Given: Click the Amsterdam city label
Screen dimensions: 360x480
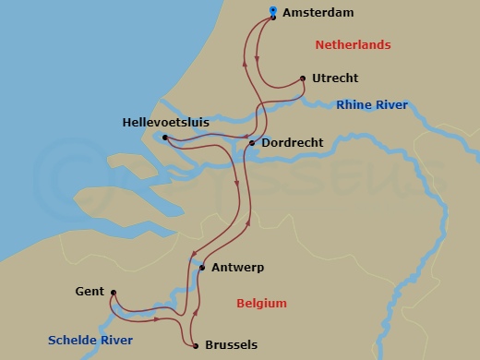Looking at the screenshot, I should pyautogui.click(x=318, y=13).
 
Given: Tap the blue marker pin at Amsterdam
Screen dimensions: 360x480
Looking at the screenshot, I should pyautogui.click(x=272, y=13).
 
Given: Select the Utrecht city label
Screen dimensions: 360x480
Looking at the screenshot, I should pyautogui.click(x=335, y=78).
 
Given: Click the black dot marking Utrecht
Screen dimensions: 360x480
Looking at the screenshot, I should pyautogui.click(x=304, y=78).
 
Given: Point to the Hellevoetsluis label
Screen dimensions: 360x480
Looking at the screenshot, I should pyautogui.click(x=165, y=122).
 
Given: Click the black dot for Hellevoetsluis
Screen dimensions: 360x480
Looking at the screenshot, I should pyautogui.click(x=165, y=138).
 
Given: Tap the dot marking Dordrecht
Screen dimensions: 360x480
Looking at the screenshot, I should pyautogui.click(x=252, y=143).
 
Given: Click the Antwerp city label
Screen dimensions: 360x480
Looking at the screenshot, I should pyautogui.click(x=237, y=268).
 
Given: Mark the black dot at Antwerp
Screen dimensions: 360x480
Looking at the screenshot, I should pyautogui.click(x=201, y=268).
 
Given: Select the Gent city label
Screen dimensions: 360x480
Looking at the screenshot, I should pyautogui.click(x=90, y=292).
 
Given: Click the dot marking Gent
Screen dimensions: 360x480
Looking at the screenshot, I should pyautogui.click(x=112, y=294).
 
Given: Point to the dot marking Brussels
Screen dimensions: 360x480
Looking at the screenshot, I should pyautogui.click(x=196, y=346).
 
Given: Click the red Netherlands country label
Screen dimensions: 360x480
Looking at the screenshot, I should pyautogui.click(x=353, y=45).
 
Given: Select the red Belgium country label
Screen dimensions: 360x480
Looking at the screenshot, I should pyautogui.click(x=261, y=304).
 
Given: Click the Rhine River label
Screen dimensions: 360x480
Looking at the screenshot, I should pyautogui.click(x=372, y=105).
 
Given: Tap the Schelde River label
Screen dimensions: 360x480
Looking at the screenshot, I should pyautogui.click(x=91, y=341).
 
